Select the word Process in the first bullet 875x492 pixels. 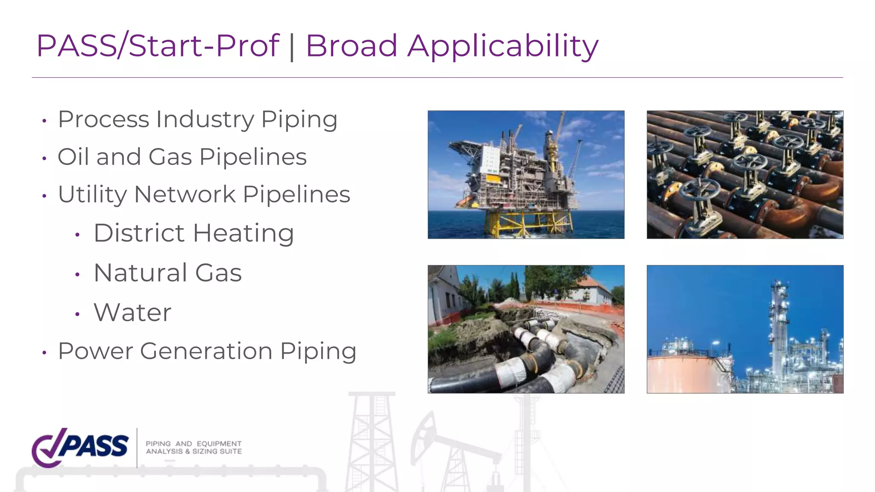[103, 119]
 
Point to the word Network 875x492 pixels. [185, 195]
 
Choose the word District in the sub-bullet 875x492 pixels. [139, 233]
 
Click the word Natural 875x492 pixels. [141, 273]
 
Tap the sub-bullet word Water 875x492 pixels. [132, 313]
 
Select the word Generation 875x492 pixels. [206, 351]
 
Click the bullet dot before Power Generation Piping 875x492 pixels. [44, 353]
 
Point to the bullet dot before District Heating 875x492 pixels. [77, 234]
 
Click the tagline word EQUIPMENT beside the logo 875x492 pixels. [219, 444]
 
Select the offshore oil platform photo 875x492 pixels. [526, 175]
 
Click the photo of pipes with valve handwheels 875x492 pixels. [745, 175]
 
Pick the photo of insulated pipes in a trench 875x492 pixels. [526, 329]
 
